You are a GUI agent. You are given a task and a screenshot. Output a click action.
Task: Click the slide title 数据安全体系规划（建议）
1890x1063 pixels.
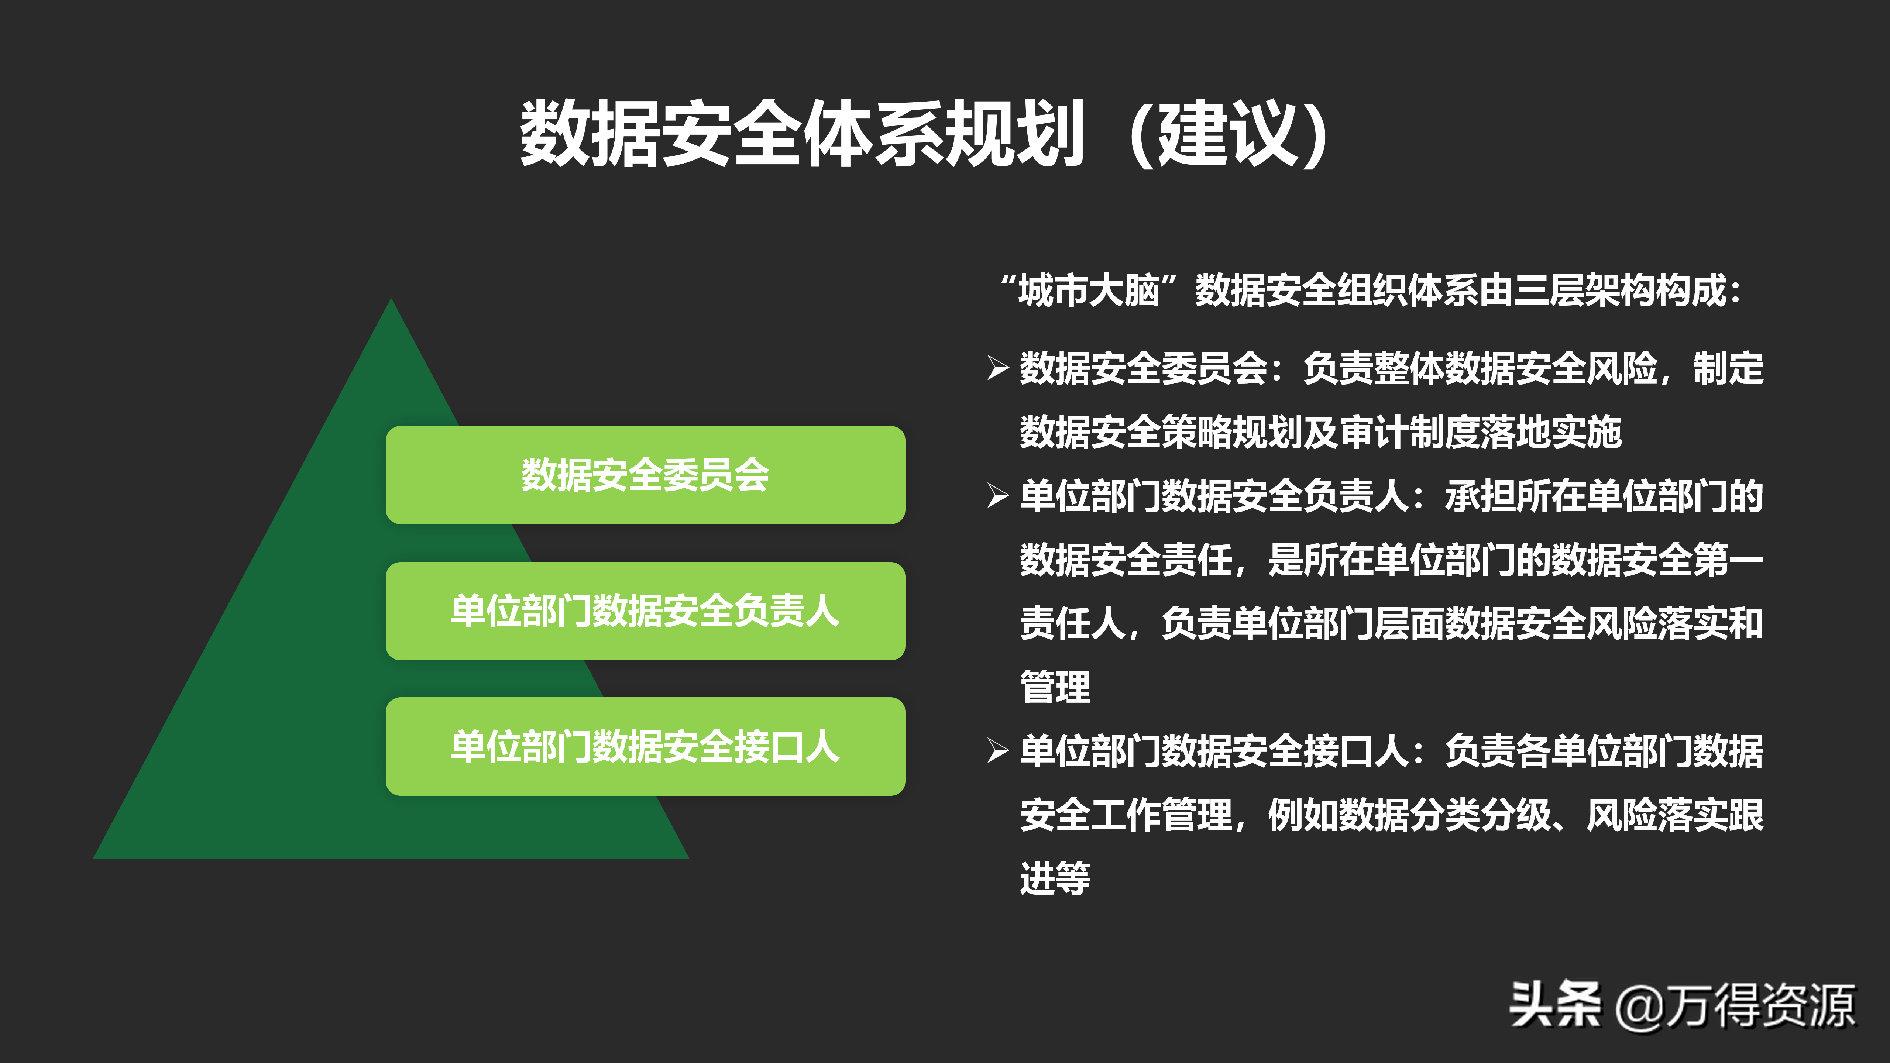coord(924,134)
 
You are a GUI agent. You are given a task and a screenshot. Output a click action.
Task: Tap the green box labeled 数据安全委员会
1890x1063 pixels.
coord(645,475)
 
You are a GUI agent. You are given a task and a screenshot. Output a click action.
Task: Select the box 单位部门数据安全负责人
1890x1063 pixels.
coord(645,611)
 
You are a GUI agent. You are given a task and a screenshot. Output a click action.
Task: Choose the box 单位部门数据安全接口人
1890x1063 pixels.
coord(645,746)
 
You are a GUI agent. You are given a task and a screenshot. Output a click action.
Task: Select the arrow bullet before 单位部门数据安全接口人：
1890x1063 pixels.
coord(998,750)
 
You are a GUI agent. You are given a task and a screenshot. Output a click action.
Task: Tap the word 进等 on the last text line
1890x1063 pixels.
coord(1055,878)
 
